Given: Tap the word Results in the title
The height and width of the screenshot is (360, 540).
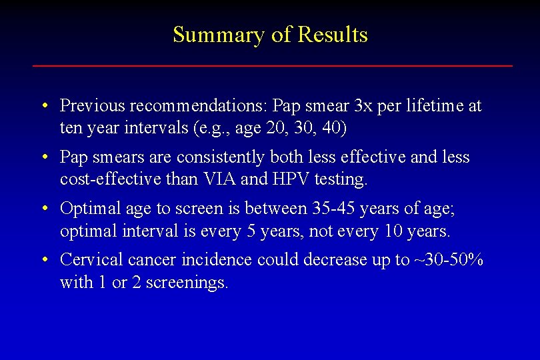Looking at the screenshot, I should pyautogui.click(x=333, y=35).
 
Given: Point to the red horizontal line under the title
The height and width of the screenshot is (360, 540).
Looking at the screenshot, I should pyautogui.click(x=273, y=65).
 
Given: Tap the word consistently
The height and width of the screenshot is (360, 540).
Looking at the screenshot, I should pyautogui.click(x=225, y=157).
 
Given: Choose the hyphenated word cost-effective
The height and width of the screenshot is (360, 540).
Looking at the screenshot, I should pyautogui.click(x=101, y=178).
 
